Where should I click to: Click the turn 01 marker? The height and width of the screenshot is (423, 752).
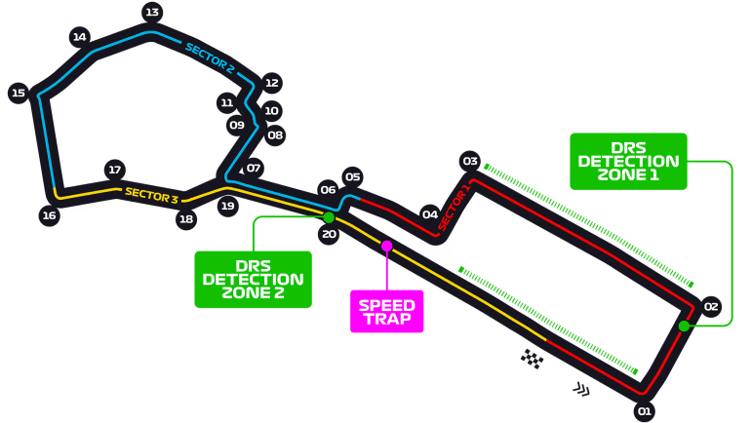(x=643, y=410)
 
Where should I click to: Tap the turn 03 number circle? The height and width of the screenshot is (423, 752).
(x=470, y=161)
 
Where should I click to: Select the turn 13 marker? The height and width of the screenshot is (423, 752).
(x=151, y=13)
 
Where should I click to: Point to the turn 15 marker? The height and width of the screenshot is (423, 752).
(x=18, y=94)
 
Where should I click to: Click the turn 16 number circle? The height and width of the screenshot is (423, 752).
(x=49, y=215)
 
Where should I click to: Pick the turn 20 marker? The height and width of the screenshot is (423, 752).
(x=329, y=234)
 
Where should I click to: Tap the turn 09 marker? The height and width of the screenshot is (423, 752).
(x=236, y=125)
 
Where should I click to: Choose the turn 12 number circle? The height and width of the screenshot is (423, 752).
(x=272, y=83)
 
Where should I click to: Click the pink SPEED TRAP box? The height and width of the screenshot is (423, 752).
(x=387, y=311)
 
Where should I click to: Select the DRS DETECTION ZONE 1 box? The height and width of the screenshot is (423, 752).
(x=628, y=161)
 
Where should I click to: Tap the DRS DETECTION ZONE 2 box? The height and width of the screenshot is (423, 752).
(x=253, y=280)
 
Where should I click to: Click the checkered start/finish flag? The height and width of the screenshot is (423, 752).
(x=532, y=359)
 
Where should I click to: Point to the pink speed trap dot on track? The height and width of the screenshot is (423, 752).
(x=386, y=246)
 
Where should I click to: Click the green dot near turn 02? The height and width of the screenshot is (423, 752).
(x=685, y=326)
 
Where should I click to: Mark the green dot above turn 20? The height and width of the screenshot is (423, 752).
(x=329, y=217)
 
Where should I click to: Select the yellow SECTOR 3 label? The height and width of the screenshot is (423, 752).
(x=151, y=195)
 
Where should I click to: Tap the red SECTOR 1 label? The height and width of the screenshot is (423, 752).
(x=454, y=207)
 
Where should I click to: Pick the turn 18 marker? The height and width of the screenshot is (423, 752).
(x=186, y=219)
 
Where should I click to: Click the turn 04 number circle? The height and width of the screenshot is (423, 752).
(x=430, y=214)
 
